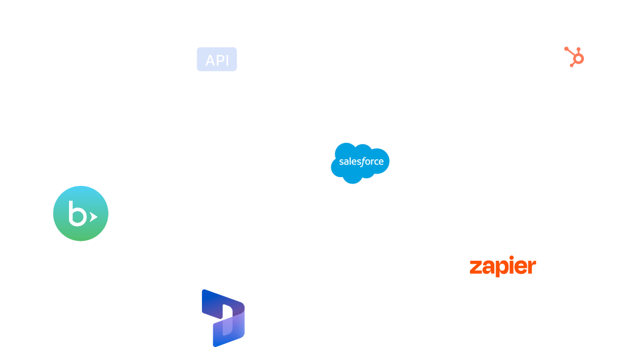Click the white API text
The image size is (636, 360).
coord(217,60)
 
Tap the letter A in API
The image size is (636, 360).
coord(209,60)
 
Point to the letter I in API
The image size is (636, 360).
coord(227,60)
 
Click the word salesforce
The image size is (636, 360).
coord(361,161)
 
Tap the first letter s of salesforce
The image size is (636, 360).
coord(341,162)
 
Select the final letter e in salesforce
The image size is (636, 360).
coord(381,162)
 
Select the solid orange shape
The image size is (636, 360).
coord(508,289)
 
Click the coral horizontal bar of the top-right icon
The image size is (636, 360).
coord(585,49)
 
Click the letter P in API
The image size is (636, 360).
coord(219,60)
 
